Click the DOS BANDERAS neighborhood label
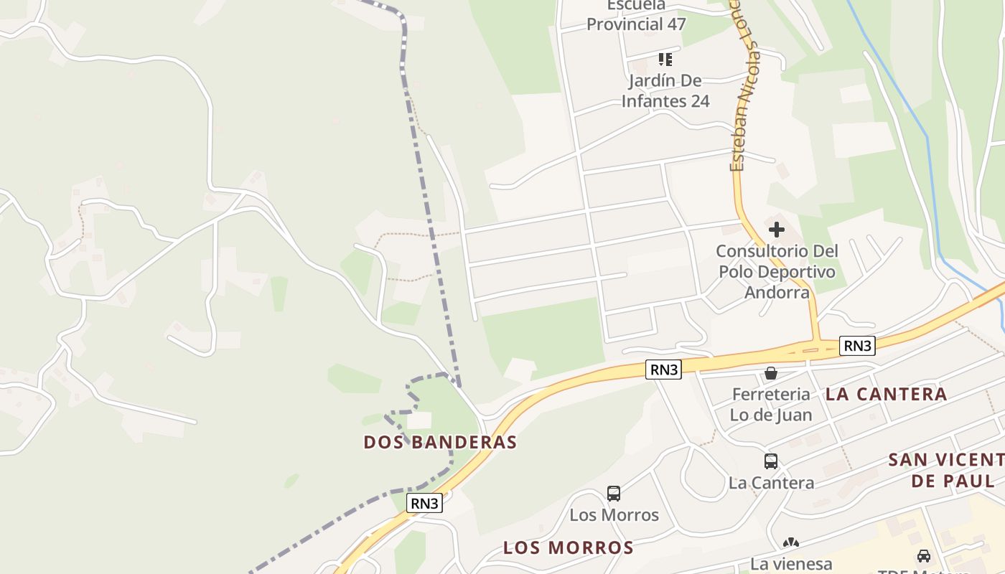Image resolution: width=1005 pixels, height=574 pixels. click(x=440, y=442)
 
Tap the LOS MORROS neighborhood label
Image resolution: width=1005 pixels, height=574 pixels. click(x=568, y=548)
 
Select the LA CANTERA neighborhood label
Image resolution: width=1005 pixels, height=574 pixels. click(x=886, y=394)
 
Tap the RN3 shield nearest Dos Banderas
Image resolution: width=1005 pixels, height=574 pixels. click(x=424, y=503)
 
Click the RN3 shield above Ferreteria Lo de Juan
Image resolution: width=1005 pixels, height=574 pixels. click(x=663, y=370)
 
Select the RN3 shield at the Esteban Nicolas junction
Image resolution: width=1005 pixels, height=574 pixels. click(x=858, y=346)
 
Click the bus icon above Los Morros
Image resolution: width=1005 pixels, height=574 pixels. click(x=614, y=493)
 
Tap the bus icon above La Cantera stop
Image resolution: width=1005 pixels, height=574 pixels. click(x=771, y=461)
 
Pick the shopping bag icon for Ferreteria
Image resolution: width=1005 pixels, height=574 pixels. click(x=771, y=373)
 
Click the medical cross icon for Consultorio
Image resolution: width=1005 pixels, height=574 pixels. click(x=777, y=230)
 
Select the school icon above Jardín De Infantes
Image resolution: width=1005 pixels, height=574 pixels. click(x=665, y=59)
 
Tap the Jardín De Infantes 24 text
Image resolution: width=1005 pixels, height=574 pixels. click(x=665, y=90)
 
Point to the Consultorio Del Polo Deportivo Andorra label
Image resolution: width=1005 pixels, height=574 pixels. click(x=777, y=272)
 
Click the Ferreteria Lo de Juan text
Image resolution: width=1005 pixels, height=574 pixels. click(x=771, y=404)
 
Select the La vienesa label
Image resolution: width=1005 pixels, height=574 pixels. click(x=791, y=564)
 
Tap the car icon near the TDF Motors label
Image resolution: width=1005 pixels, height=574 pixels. click(x=923, y=555)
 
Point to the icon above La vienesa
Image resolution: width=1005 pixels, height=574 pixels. click(x=791, y=544)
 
